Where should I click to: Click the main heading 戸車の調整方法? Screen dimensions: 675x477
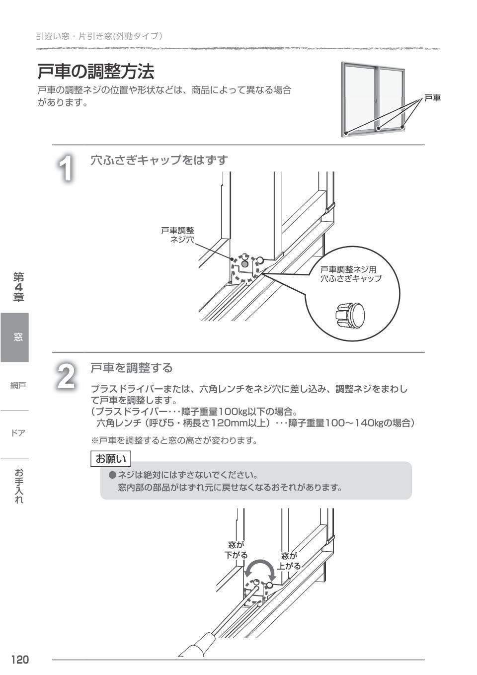tap(96, 72)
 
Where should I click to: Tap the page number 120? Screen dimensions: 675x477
tap(20, 660)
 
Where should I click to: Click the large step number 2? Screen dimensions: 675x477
tap(66, 377)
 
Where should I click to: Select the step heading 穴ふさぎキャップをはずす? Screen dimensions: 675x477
tap(159, 160)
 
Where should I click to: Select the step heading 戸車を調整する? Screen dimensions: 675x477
tap(132, 368)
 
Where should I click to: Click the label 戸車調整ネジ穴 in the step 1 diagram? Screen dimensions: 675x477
tap(178, 235)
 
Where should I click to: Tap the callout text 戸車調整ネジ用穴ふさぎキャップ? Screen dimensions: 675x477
tap(351, 274)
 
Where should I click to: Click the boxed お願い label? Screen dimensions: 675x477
tap(111, 458)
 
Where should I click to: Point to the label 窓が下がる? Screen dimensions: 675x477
tap(236, 550)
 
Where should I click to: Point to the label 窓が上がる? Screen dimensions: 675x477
tap(289, 561)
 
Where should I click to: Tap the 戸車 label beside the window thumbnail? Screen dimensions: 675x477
tap(432, 98)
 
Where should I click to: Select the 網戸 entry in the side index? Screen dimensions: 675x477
tap(18, 385)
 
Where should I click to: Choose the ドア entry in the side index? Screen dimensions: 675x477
tap(18, 433)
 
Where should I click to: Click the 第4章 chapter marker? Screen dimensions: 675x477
tap(18, 287)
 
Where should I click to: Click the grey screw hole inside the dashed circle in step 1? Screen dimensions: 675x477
tap(244, 264)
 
